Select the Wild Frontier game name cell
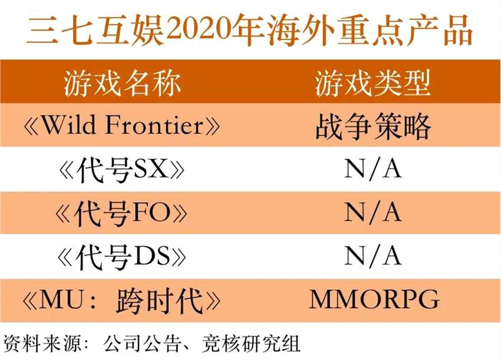point(121,125)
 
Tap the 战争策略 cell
point(373,126)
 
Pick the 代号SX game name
point(122,169)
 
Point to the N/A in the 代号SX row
point(373,169)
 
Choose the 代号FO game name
point(121,213)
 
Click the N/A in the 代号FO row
point(373,213)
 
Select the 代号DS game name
point(121,256)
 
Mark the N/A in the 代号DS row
point(373,256)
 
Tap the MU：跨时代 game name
point(121,300)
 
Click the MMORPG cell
point(374,299)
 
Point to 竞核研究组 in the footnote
point(251,344)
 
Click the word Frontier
point(154,125)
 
